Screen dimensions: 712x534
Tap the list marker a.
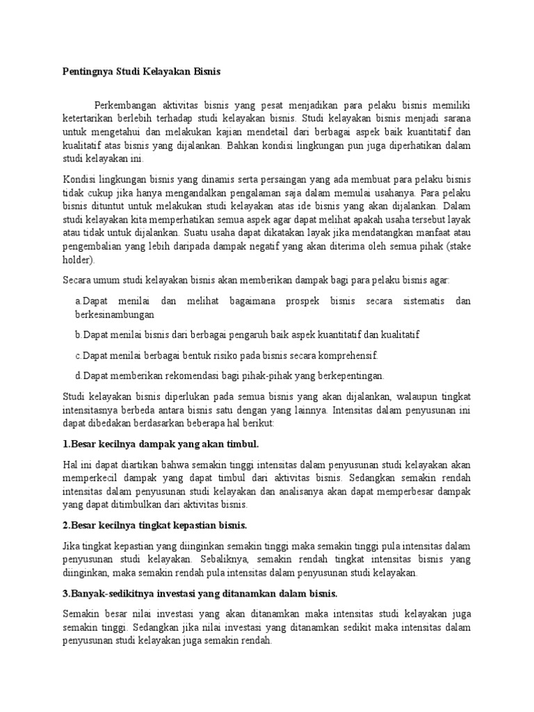tap(77, 301)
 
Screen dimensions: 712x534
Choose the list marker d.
tap(78, 375)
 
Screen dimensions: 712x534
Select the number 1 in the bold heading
tap(65, 444)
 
